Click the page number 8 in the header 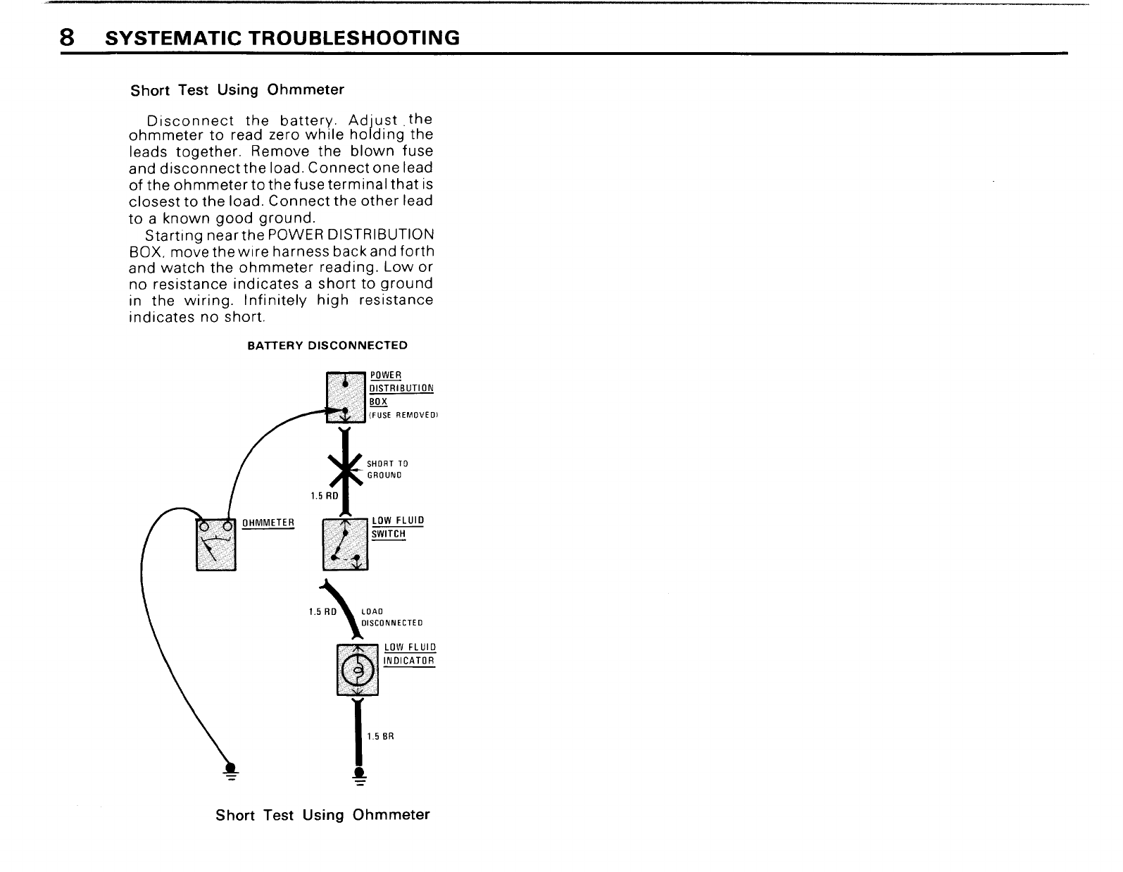click(x=67, y=37)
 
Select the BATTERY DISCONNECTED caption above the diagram click(x=327, y=345)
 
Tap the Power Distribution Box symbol click(x=346, y=397)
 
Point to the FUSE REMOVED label click(x=403, y=416)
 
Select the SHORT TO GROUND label click(x=387, y=469)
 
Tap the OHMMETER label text click(x=268, y=523)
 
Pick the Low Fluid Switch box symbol click(x=345, y=544)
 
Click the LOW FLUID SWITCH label click(x=397, y=527)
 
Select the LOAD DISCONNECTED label click(x=391, y=617)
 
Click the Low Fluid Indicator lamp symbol click(x=358, y=669)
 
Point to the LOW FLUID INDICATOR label click(x=410, y=654)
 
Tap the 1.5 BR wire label click(x=380, y=737)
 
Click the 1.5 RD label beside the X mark click(x=324, y=496)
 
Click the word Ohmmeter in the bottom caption click(x=391, y=815)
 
